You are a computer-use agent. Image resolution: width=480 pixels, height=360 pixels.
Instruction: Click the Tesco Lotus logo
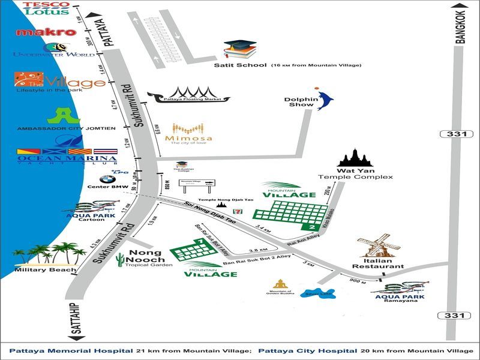(47, 8)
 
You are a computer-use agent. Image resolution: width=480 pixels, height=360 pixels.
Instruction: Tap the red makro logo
(46, 32)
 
